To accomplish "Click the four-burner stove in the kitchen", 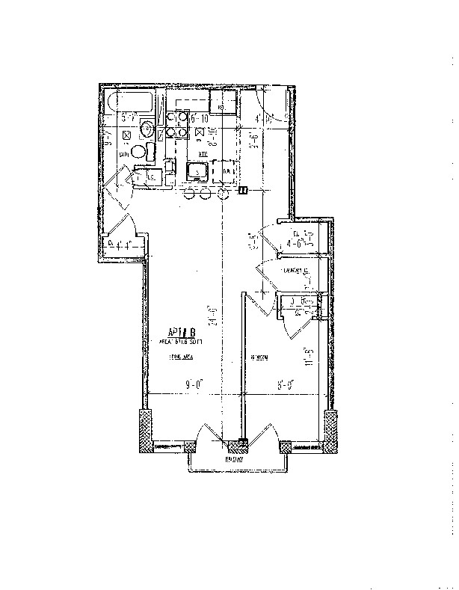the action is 176,125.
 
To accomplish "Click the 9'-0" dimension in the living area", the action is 194,386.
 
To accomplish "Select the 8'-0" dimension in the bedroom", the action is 284,386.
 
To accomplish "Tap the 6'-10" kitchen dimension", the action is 198,118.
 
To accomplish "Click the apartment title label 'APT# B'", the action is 182,331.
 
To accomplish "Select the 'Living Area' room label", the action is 180,357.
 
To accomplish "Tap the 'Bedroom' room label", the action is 260,357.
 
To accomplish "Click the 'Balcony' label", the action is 238,459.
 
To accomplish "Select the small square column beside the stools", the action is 243,191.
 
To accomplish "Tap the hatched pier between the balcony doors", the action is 238,446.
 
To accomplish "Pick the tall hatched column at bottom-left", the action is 145,431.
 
